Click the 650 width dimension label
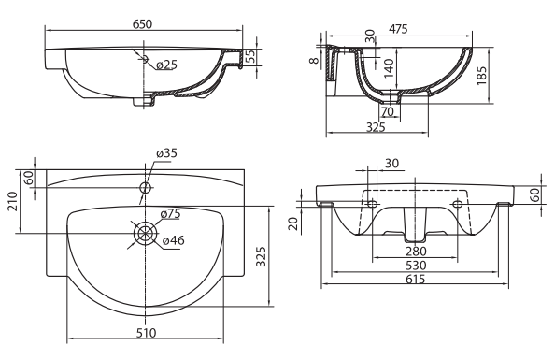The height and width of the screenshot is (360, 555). [x=142, y=24]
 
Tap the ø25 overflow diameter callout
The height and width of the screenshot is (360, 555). [x=166, y=65]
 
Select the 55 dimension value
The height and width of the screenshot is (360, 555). [x=250, y=56]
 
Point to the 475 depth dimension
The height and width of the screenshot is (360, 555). [x=398, y=29]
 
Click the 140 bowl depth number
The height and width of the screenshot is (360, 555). [x=389, y=68]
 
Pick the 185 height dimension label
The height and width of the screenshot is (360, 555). [x=482, y=76]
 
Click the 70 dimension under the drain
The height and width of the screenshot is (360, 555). [x=388, y=111]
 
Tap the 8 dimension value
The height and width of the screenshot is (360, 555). [x=314, y=60]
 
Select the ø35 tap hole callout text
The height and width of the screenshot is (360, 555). [x=166, y=153]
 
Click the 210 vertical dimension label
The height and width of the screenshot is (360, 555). [x=13, y=201]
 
